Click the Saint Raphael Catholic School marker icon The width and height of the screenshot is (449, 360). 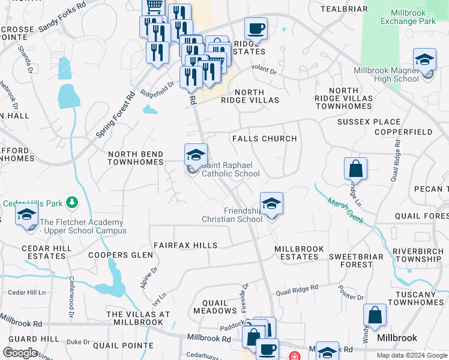(196, 155)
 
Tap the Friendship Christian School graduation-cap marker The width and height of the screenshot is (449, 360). (271, 204)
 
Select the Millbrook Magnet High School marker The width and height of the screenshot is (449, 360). (424, 61)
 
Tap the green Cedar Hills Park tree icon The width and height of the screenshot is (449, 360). (71, 202)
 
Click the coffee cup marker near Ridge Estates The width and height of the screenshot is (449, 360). (256, 29)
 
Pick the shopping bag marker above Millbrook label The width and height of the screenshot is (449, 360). (375, 316)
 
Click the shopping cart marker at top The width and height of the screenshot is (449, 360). (154, 7)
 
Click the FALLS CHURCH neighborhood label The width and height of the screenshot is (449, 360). (265, 139)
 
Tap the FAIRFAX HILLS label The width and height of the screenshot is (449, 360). (185, 245)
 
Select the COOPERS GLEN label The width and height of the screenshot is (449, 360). (116, 255)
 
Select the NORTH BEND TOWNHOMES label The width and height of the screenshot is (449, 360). (136, 158)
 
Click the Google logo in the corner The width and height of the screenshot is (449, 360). (20, 353)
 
